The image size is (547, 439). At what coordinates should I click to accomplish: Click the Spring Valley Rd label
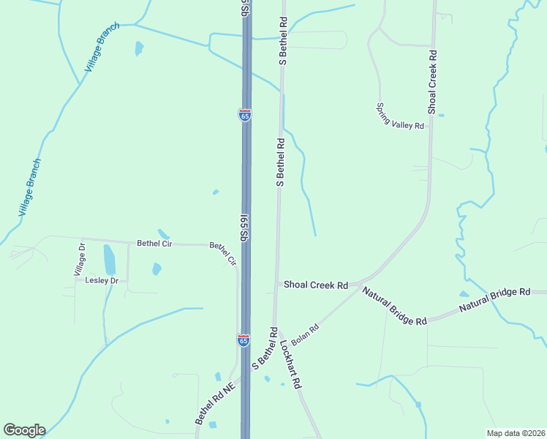point(400,116)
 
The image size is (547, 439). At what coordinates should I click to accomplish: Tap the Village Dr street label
point(80,260)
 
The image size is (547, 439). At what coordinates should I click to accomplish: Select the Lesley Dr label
point(101,280)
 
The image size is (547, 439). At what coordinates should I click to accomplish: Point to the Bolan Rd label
point(306,334)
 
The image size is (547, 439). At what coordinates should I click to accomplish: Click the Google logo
point(24,430)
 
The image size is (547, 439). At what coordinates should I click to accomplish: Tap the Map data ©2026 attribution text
point(516,433)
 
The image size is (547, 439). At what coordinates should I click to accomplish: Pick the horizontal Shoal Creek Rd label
point(316,285)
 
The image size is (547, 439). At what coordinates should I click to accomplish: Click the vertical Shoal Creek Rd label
point(433,81)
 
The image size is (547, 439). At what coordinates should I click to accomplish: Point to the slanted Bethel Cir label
point(224,253)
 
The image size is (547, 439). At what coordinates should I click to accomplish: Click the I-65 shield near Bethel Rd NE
point(244,340)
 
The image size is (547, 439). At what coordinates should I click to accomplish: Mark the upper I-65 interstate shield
point(244,115)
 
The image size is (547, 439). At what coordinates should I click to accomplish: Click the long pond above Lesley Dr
point(110,260)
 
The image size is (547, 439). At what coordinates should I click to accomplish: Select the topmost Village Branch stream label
point(102,46)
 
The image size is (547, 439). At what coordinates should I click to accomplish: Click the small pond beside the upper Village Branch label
point(138,48)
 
